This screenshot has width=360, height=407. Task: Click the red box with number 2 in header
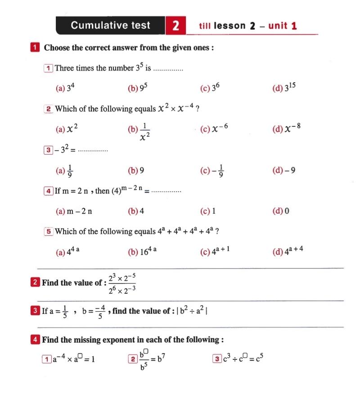(175, 26)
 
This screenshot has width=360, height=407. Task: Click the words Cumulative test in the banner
(110, 25)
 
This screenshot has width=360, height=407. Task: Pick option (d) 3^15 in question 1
(284, 88)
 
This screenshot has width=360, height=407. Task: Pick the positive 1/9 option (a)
(65, 170)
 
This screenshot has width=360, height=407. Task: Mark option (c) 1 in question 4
(208, 211)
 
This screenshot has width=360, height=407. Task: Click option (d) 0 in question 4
(281, 211)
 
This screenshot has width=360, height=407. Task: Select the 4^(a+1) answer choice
(216, 252)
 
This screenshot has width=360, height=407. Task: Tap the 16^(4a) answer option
(142, 252)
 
